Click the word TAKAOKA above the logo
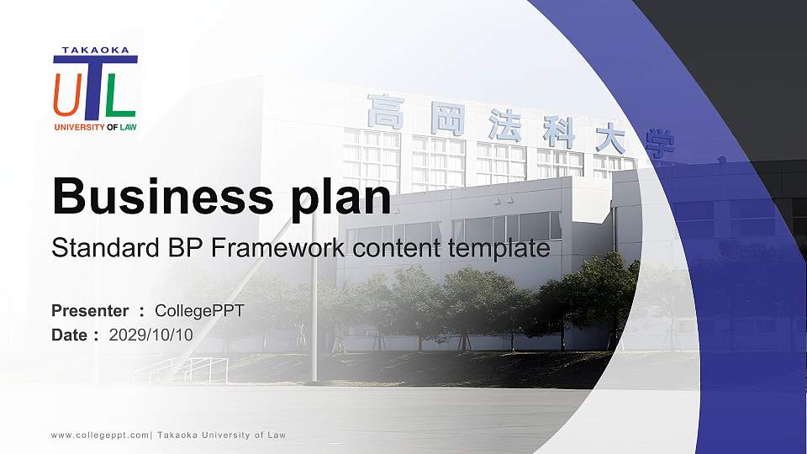click(x=95, y=50)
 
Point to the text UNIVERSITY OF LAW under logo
click(x=94, y=128)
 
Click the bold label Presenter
click(x=90, y=311)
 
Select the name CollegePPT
click(x=200, y=311)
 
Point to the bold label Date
click(x=69, y=335)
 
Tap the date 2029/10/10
click(x=151, y=335)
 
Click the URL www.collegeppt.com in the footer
click(x=100, y=435)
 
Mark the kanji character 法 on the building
click(x=504, y=125)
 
